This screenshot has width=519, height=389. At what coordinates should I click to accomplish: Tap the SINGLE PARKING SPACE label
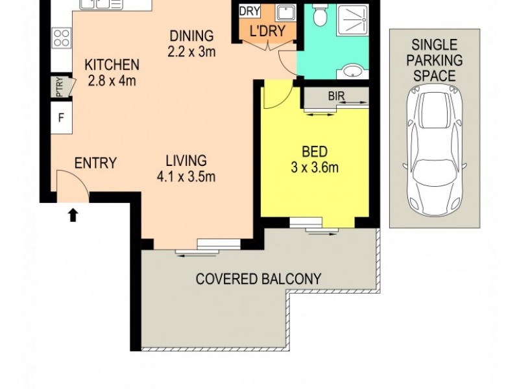[434, 60]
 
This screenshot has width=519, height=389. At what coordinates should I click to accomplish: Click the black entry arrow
[73, 215]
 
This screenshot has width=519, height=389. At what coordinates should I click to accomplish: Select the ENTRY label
[95, 163]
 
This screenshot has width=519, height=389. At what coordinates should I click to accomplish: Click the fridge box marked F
[61, 119]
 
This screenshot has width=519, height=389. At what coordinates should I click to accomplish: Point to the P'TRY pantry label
[59, 88]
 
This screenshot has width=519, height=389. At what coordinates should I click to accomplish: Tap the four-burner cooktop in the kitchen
[62, 38]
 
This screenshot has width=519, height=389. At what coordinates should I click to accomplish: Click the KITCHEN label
[112, 65]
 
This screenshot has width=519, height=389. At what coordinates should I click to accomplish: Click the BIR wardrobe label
[335, 96]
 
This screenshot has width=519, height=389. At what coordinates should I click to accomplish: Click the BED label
[315, 152]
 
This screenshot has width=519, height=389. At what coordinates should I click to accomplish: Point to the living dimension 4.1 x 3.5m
[186, 176]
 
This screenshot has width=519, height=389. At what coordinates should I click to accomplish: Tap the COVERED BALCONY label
[259, 279]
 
